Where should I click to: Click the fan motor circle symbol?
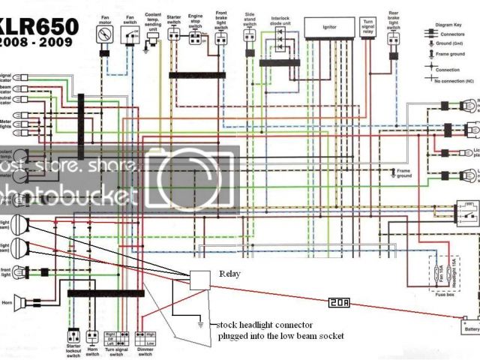[x=104, y=34]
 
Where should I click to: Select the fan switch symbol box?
[x=130, y=37]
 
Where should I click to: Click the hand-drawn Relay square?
[x=200, y=280]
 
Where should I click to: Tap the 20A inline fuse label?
[x=336, y=302]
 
